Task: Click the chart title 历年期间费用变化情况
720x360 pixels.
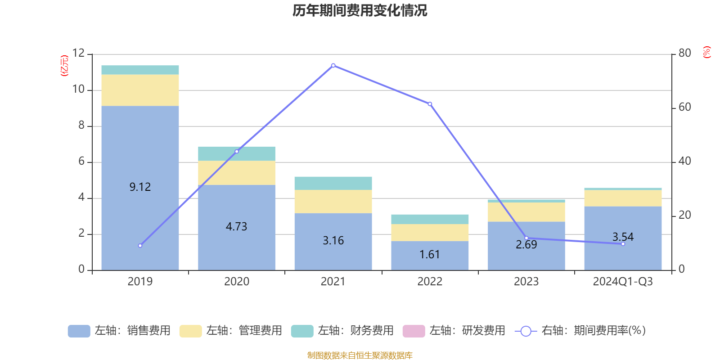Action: tap(360, 10)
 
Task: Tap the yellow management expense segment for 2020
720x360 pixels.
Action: tap(237, 173)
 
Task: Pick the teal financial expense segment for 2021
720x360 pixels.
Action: tap(333, 183)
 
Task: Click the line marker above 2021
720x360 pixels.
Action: tap(333, 66)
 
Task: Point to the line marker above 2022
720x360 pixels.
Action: tap(430, 104)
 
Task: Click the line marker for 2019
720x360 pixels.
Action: tap(140, 246)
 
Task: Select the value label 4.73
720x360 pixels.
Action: tap(237, 226)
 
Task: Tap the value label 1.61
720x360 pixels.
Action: tap(430, 255)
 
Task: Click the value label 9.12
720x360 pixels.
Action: tap(140, 187)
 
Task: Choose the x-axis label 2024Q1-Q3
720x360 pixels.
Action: tap(623, 282)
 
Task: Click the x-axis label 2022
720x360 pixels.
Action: tap(430, 282)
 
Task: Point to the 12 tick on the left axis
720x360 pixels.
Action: tap(78, 53)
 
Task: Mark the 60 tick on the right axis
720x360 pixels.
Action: tap(684, 107)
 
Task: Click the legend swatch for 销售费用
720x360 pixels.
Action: tap(79, 331)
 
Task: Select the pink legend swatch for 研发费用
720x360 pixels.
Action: tap(414, 331)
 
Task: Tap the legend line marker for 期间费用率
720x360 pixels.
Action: tap(526, 331)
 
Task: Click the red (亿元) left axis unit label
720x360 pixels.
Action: tap(64, 66)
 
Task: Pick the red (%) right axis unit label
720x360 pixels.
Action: tap(707, 52)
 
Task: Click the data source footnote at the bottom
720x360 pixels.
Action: tap(360, 355)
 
